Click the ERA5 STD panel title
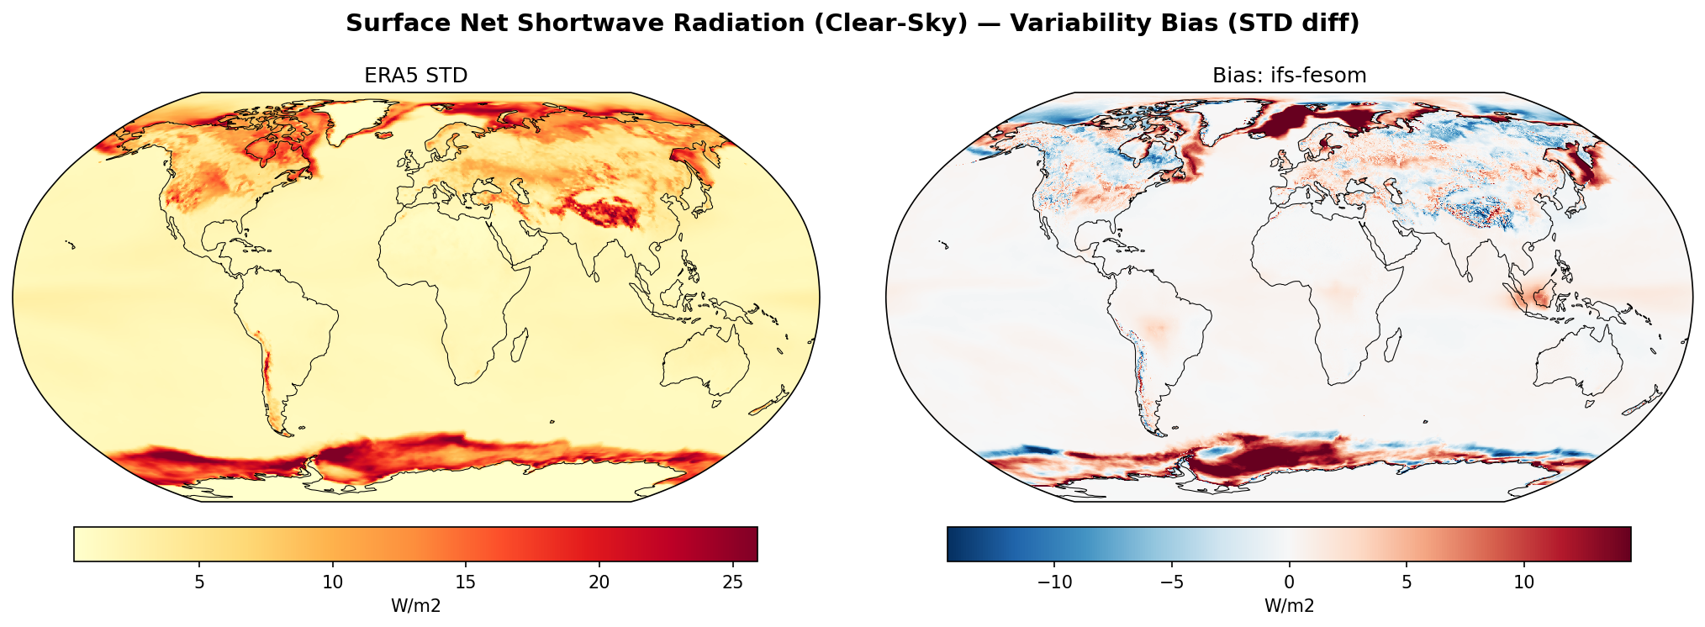(415, 76)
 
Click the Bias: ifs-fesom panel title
(1289, 76)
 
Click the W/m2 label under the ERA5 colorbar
(415, 606)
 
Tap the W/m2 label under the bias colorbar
(1289, 606)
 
